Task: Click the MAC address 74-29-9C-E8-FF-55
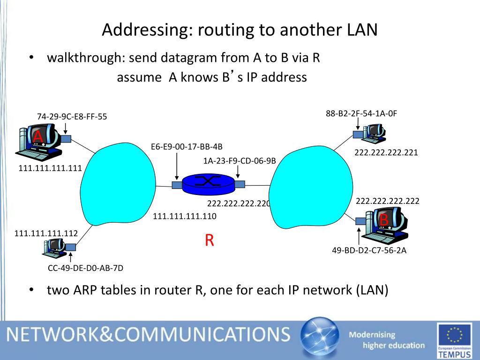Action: pyautogui.click(x=72, y=117)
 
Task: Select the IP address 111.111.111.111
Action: pyautogui.click(x=50, y=168)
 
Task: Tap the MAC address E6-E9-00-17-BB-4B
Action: pyautogui.click(x=187, y=146)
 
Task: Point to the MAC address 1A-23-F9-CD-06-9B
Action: pyautogui.click(x=240, y=161)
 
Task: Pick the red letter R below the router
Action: pyautogui.click(x=209, y=240)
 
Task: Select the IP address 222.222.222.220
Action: pyautogui.click(x=239, y=203)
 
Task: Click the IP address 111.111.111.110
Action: pyautogui.click(x=185, y=216)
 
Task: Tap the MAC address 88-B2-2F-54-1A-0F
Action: pyautogui.click(x=361, y=113)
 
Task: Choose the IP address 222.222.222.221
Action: pyautogui.click(x=386, y=152)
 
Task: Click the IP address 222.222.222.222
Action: pyautogui.click(x=387, y=201)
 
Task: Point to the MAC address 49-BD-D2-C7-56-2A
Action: pyautogui.click(x=369, y=250)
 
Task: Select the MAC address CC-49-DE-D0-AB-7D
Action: pyautogui.click(x=86, y=268)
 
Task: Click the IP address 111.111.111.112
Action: pyautogui.click(x=46, y=233)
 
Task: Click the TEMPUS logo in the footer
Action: pyautogui.click(x=454, y=341)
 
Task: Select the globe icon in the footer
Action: pyautogui.click(x=319, y=338)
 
